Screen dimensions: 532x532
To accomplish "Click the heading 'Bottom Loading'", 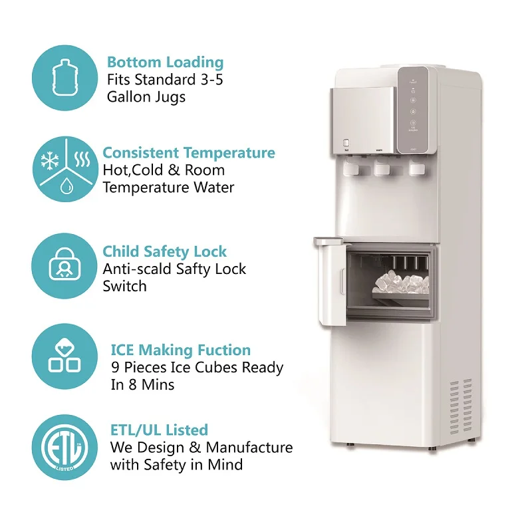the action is coord(165,63).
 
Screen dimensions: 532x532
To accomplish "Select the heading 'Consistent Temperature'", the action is coord(188,153).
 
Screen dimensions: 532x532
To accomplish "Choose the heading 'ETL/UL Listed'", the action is coord(158,430).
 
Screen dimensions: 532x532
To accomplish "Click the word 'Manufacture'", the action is coord(249,447).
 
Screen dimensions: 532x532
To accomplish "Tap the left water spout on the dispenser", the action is coord(352,170).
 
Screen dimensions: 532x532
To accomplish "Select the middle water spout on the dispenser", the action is coord(382,170).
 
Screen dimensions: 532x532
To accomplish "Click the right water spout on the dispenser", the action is coord(415,169).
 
